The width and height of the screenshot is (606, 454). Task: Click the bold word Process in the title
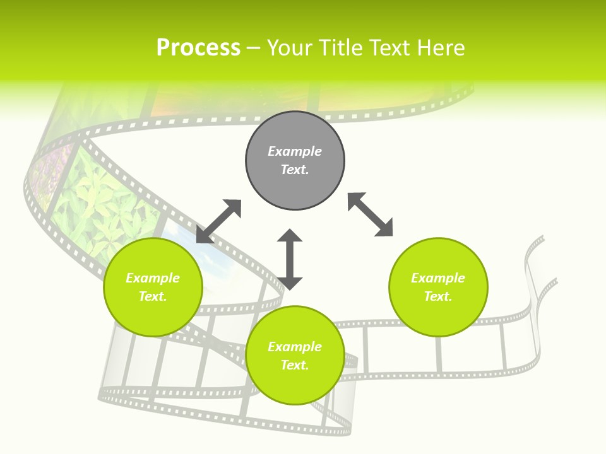198,48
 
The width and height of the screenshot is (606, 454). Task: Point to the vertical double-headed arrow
290,259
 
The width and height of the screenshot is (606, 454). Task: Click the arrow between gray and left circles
219,221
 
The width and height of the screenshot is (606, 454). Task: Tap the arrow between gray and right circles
371,215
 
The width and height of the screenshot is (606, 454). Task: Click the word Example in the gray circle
295,151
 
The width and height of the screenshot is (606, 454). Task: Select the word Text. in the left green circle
153,296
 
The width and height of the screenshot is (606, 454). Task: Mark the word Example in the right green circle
438,278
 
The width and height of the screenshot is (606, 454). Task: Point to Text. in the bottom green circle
295,365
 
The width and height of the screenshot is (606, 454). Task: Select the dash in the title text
254,48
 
